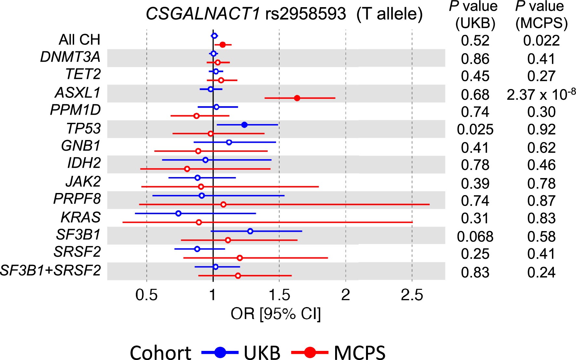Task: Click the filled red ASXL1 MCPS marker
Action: [297, 98]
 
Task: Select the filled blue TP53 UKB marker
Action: [244, 125]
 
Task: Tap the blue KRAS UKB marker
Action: [178, 213]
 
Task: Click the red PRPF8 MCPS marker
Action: [223, 204]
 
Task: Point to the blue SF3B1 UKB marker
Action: [250, 231]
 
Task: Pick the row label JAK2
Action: [83, 181]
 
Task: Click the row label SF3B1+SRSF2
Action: [50, 270]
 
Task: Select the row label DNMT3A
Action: [70, 57]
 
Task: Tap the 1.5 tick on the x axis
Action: [279, 295]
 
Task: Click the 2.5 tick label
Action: [412, 295]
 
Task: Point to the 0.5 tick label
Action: [147, 295]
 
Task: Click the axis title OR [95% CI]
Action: [276, 314]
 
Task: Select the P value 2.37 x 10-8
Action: [541, 95]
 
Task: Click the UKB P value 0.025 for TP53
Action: [475, 129]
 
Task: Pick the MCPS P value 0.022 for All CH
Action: [541, 41]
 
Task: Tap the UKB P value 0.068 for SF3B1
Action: [475, 236]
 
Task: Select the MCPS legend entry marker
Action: [310, 352]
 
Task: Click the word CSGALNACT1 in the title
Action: [203, 14]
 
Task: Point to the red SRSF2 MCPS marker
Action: [240, 258]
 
